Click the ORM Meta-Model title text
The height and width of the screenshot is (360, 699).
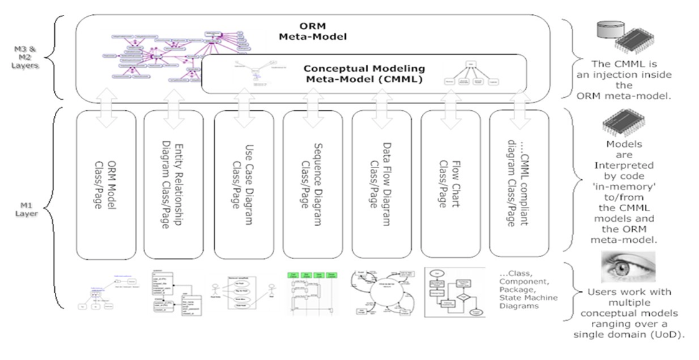pyautogui.click(x=311, y=31)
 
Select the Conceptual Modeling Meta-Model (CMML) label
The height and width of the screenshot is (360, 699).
pyautogui.click(x=364, y=73)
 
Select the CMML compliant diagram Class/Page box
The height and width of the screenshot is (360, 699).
pyautogui.click(x=518, y=184)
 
